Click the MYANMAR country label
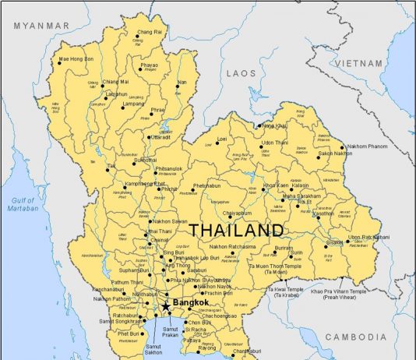(41, 26)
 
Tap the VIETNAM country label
(359, 63)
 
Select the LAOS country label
(241, 72)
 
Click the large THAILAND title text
(236, 231)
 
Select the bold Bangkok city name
(192, 302)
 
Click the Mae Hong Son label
(76, 58)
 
